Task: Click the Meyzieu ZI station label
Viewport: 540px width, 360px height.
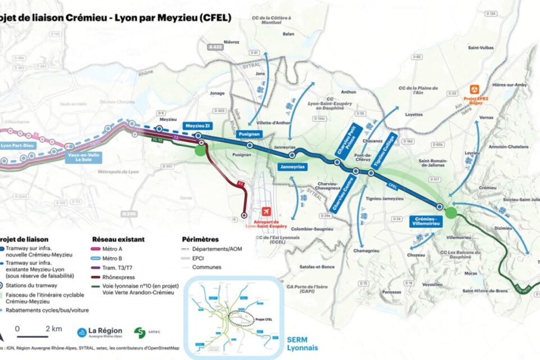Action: pyautogui.click(x=199, y=125)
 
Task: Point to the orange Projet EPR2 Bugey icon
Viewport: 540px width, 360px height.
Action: pyautogui.click(x=475, y=89)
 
